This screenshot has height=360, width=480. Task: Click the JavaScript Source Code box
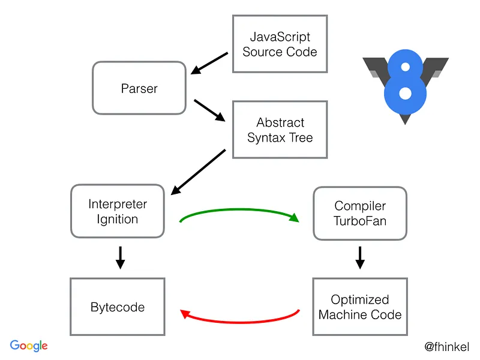pyautogui.click(x=280, y=44)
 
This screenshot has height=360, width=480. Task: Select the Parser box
pyautogui.click(x=139, y=88)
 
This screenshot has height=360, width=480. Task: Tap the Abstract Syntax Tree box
pyautogui.click(x=280, y=130)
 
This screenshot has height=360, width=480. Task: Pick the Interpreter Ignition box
pyautogui.click(x=118, y=211)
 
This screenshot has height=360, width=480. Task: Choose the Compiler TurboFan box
pyautogui.click(x=360, y=213)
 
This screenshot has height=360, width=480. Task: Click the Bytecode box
pyautogui.click(x=118, y=307)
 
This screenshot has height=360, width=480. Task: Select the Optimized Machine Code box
pyautogui.click(x=360, y=307)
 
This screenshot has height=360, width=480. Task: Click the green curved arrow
pyautogui.click(x=239, y=210)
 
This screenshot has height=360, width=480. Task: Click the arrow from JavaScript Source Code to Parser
pyautogui.click(x=209, y=64)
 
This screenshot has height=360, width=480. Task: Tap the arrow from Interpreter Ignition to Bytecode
pyautogui.click(x=119, y=257)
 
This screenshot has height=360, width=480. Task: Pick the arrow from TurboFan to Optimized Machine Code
pyautogui.click(x=360, y=257)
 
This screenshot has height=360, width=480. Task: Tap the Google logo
pyautogui.click(x=29, y=346)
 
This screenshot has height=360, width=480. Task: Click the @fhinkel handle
pyautogui.click(x=446, y=347)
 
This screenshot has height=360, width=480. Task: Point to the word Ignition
pyautogui.click(x=118, y=219)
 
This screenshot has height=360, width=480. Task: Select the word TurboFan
pyautogui.click(x=360, y=221)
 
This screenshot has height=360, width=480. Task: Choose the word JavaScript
pyautogui.click(x=280, y=37)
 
